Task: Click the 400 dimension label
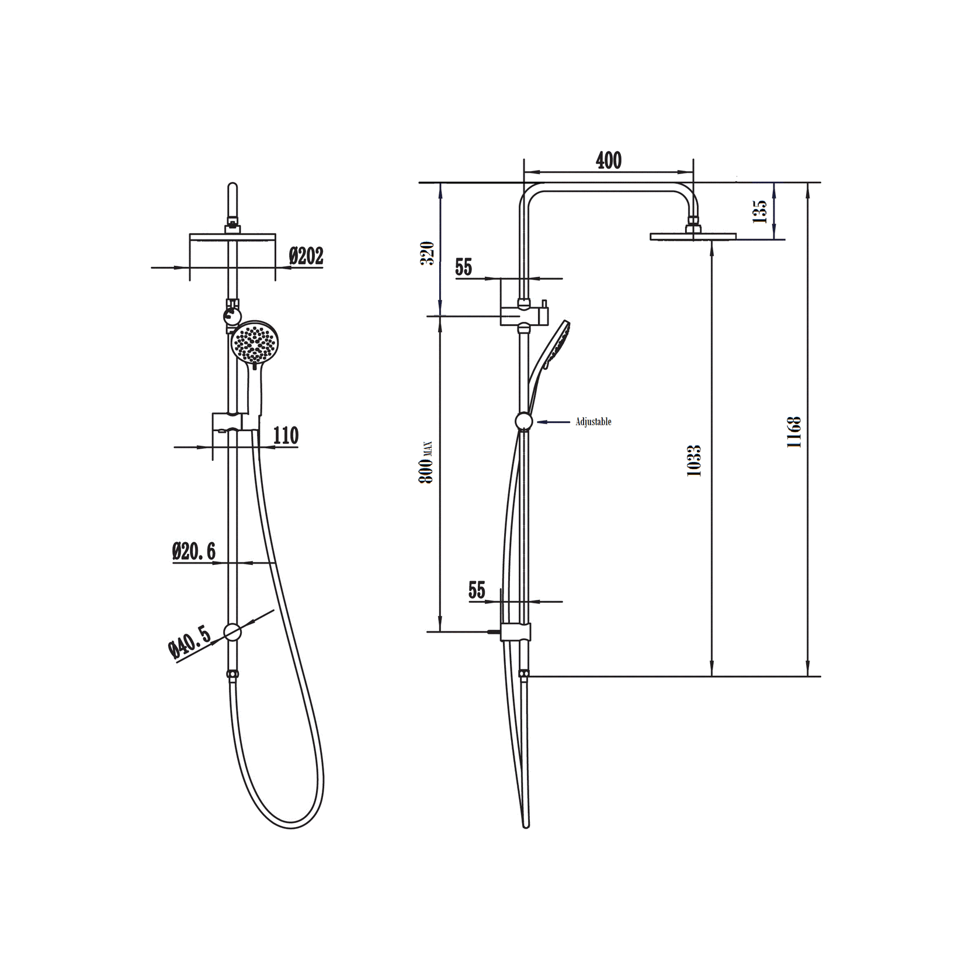[x=608, y=161]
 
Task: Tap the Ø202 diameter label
[x=306, y=256]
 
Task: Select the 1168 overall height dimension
[x=794, y=432]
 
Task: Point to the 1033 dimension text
[x=694, y=461]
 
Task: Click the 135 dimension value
[x=759, y=211]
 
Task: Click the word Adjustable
[x=593, y=422]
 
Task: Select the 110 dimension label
[x=286, y=436]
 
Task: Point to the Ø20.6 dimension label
[x=194, y=551]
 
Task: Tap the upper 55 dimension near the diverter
[x=463, y=268]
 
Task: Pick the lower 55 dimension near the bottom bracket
[x=477, y=591]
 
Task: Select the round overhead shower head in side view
[x=693, y=236]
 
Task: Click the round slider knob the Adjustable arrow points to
[x=524, y=422]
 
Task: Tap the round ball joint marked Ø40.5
[x=232, y=632]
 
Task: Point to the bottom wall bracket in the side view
[x=516, y=631]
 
